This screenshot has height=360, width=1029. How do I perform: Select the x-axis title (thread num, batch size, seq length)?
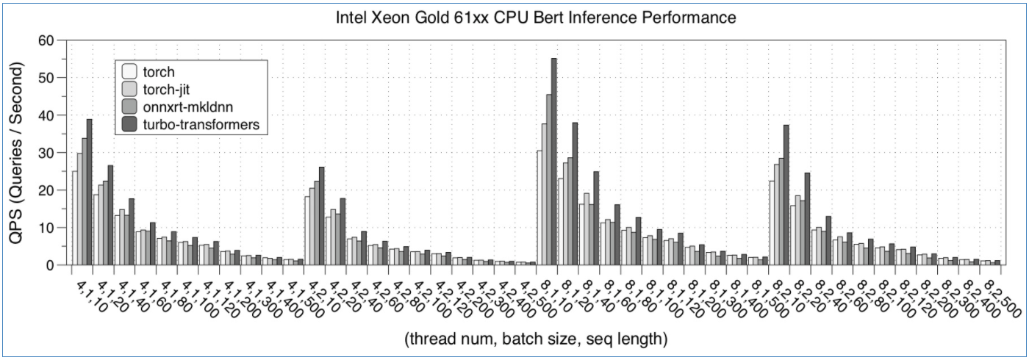535,339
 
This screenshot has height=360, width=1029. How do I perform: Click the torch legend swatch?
130,72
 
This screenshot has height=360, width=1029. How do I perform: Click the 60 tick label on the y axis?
46,40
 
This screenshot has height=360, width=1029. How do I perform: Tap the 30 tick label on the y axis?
46,153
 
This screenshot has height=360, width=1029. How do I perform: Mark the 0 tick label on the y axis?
50,265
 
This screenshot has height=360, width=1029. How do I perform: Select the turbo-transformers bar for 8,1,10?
553,162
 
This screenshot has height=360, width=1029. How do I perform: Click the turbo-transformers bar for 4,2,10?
321,216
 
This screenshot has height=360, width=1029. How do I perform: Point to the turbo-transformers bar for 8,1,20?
576,194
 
